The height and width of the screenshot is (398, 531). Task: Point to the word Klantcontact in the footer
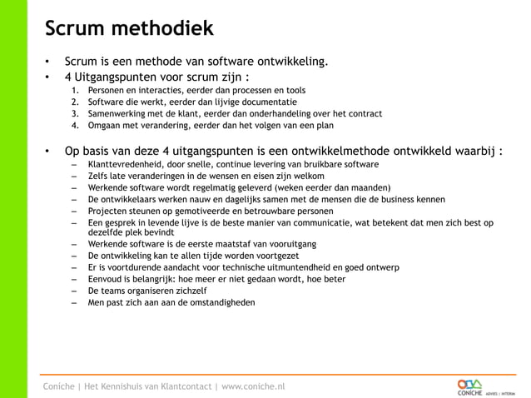click(176, 386)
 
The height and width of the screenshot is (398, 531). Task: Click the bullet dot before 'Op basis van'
click(48, 151)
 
